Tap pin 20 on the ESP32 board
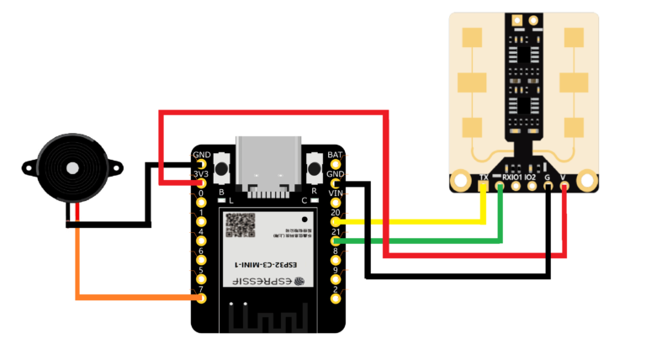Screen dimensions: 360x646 click(336, 222)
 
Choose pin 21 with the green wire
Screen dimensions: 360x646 click(336, 242)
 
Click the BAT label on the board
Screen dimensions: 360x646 click(335, 156)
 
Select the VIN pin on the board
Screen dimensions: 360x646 click(336, 203)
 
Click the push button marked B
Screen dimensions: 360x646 click(223, 167)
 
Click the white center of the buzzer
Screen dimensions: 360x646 click(73, 168)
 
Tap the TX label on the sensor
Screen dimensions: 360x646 click(484, 177)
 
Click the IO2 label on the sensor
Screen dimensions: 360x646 click(530, 177)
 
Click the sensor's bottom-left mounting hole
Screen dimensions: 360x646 click(460, 179)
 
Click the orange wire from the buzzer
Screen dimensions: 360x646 click(126, 296)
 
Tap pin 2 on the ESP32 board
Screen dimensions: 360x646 click(336, 299)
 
